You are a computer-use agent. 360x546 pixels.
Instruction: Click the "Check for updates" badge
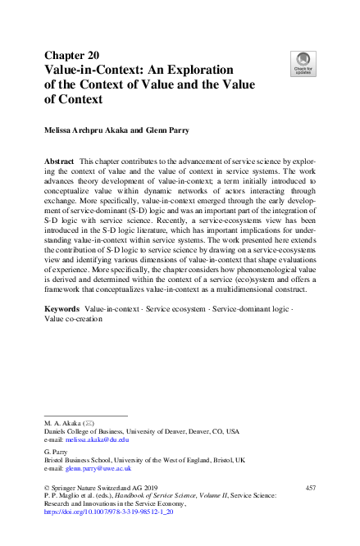click(303, 62)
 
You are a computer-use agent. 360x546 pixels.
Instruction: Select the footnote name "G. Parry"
click(57, 450)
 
